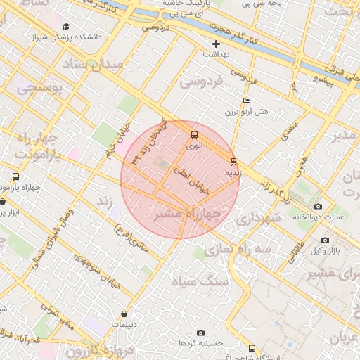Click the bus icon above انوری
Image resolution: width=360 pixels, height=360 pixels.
point(194,134)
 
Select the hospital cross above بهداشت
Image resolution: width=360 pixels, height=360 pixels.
point(217,44)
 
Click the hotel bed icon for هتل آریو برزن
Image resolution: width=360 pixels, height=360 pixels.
point(246,101)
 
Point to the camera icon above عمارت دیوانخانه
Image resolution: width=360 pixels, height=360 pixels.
point(318,207)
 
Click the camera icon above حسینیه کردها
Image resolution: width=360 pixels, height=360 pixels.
point(201,333)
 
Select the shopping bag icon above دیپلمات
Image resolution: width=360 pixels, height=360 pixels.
point(124,314)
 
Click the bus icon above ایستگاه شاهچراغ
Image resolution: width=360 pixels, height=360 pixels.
point(252,348)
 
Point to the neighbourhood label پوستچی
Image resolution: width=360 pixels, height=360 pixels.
point(39,89)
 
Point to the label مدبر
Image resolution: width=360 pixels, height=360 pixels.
point(346,134)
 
